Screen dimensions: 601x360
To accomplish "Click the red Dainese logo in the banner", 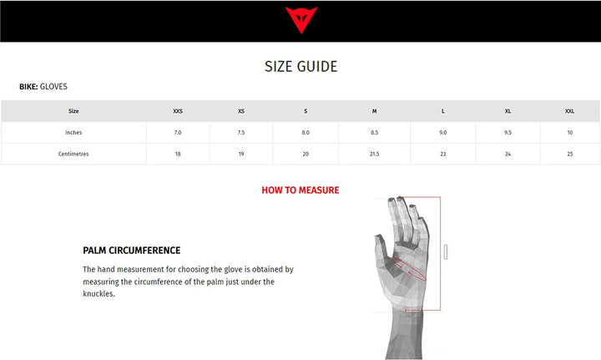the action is (300, 19).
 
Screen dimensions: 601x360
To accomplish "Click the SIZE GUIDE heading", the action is (300, 67).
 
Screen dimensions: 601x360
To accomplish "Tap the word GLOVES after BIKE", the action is (53, 87).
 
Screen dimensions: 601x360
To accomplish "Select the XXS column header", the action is (178, 111).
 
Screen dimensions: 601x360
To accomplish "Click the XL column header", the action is (508, 111).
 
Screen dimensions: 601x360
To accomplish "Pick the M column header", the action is (375, 111).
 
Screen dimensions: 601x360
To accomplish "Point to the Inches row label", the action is (73, 133).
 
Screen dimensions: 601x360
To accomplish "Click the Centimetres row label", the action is (73, 155).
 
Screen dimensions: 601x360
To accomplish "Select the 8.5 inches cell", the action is (375, 133).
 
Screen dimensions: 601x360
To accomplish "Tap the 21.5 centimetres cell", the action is (375, 155).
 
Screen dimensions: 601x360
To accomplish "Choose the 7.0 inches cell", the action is (178, 133).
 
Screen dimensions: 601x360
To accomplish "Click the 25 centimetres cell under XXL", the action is (570, 155).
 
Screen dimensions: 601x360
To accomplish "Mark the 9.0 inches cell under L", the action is (443, 133).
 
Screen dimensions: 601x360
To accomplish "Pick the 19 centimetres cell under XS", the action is (241, 155).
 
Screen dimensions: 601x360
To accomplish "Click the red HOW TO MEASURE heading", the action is (300, 190).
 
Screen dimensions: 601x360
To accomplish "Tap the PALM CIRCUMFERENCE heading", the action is (132, 251).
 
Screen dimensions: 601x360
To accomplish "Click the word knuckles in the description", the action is (98, 294).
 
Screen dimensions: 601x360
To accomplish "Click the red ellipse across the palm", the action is (408, 269).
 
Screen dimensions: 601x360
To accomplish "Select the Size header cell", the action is (73, 111).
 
